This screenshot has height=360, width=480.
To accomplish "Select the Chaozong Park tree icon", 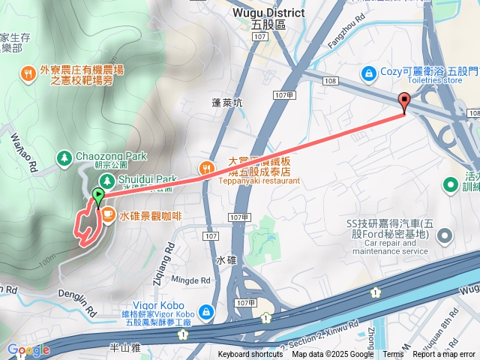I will pyautogui.click(x=63, y=157).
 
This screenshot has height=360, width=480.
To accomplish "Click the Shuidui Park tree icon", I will pyautogui.click(x=106, y=180).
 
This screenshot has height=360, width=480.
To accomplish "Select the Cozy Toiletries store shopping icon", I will pyautogui.click(x=369, y=73).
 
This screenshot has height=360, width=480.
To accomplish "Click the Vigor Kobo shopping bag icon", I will pyautogui.click(x=205, y=310).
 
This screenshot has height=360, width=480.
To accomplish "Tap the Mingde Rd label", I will pyautogui.click(x=185, y=279).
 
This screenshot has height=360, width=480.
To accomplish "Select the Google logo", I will pyautogui.click(x=28, y=349).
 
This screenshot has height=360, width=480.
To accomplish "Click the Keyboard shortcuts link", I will pyautogui.click(x=250, y=355).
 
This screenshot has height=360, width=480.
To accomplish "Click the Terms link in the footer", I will pyautogui.click(x=393, y=355).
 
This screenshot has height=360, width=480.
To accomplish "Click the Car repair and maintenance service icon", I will pyautogui.click(x=444, y=237).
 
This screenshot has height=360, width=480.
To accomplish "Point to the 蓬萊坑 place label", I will pyautogui.click(x=227, y=103).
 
